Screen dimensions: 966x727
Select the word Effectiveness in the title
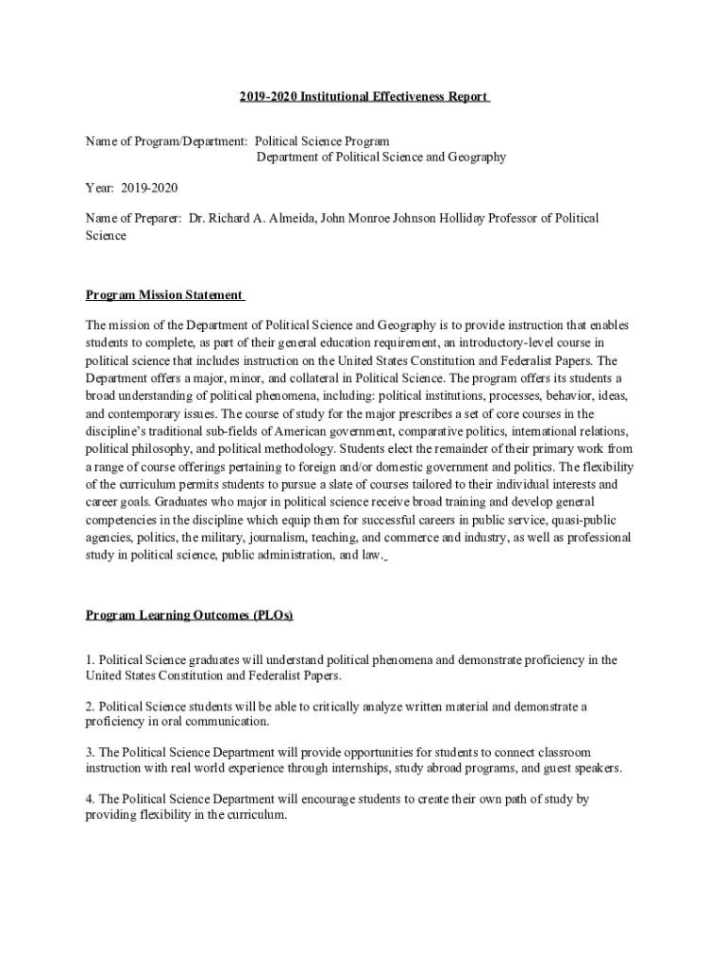tap(413, 97)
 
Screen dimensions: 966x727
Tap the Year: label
tap(101, 188)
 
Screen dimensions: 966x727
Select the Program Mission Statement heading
tap(164, 295)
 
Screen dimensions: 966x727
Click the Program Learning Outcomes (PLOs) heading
tap(189, 615)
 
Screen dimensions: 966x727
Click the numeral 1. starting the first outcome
tap(91, 660)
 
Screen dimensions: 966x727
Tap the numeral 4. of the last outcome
tap(91, 799)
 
